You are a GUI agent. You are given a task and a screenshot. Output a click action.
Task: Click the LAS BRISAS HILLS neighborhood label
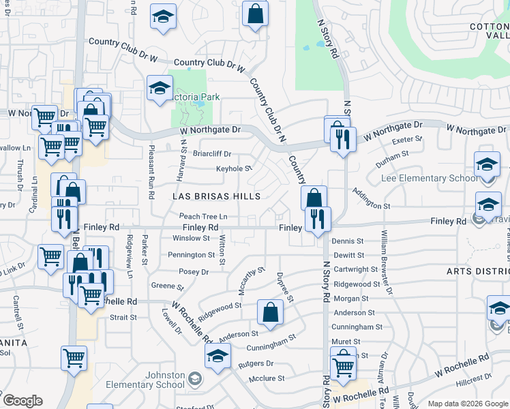click(216, 196)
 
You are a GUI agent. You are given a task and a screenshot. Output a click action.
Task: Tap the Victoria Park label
click(198, 97)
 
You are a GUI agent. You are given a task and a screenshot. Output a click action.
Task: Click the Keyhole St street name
click(234, 168)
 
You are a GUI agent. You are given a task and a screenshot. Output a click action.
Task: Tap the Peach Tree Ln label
click(202, 216)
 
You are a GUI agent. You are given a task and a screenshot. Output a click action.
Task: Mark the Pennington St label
click(192, 255)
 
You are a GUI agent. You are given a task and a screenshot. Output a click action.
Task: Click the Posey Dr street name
click(194, 271)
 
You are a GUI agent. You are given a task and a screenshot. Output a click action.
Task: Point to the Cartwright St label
click(355, 269)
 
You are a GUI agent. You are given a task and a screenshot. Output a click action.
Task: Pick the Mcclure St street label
click(266, 378)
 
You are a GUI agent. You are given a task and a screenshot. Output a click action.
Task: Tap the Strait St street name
click(123, 317)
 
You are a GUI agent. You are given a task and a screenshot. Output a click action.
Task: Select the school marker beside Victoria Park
click(160, 89)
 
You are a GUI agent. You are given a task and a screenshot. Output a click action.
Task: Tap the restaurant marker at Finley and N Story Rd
click(318, 219)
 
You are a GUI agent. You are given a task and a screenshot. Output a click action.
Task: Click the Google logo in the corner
click(22, 401)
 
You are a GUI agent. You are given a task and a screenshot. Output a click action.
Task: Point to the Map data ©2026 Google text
click(467, 404)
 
